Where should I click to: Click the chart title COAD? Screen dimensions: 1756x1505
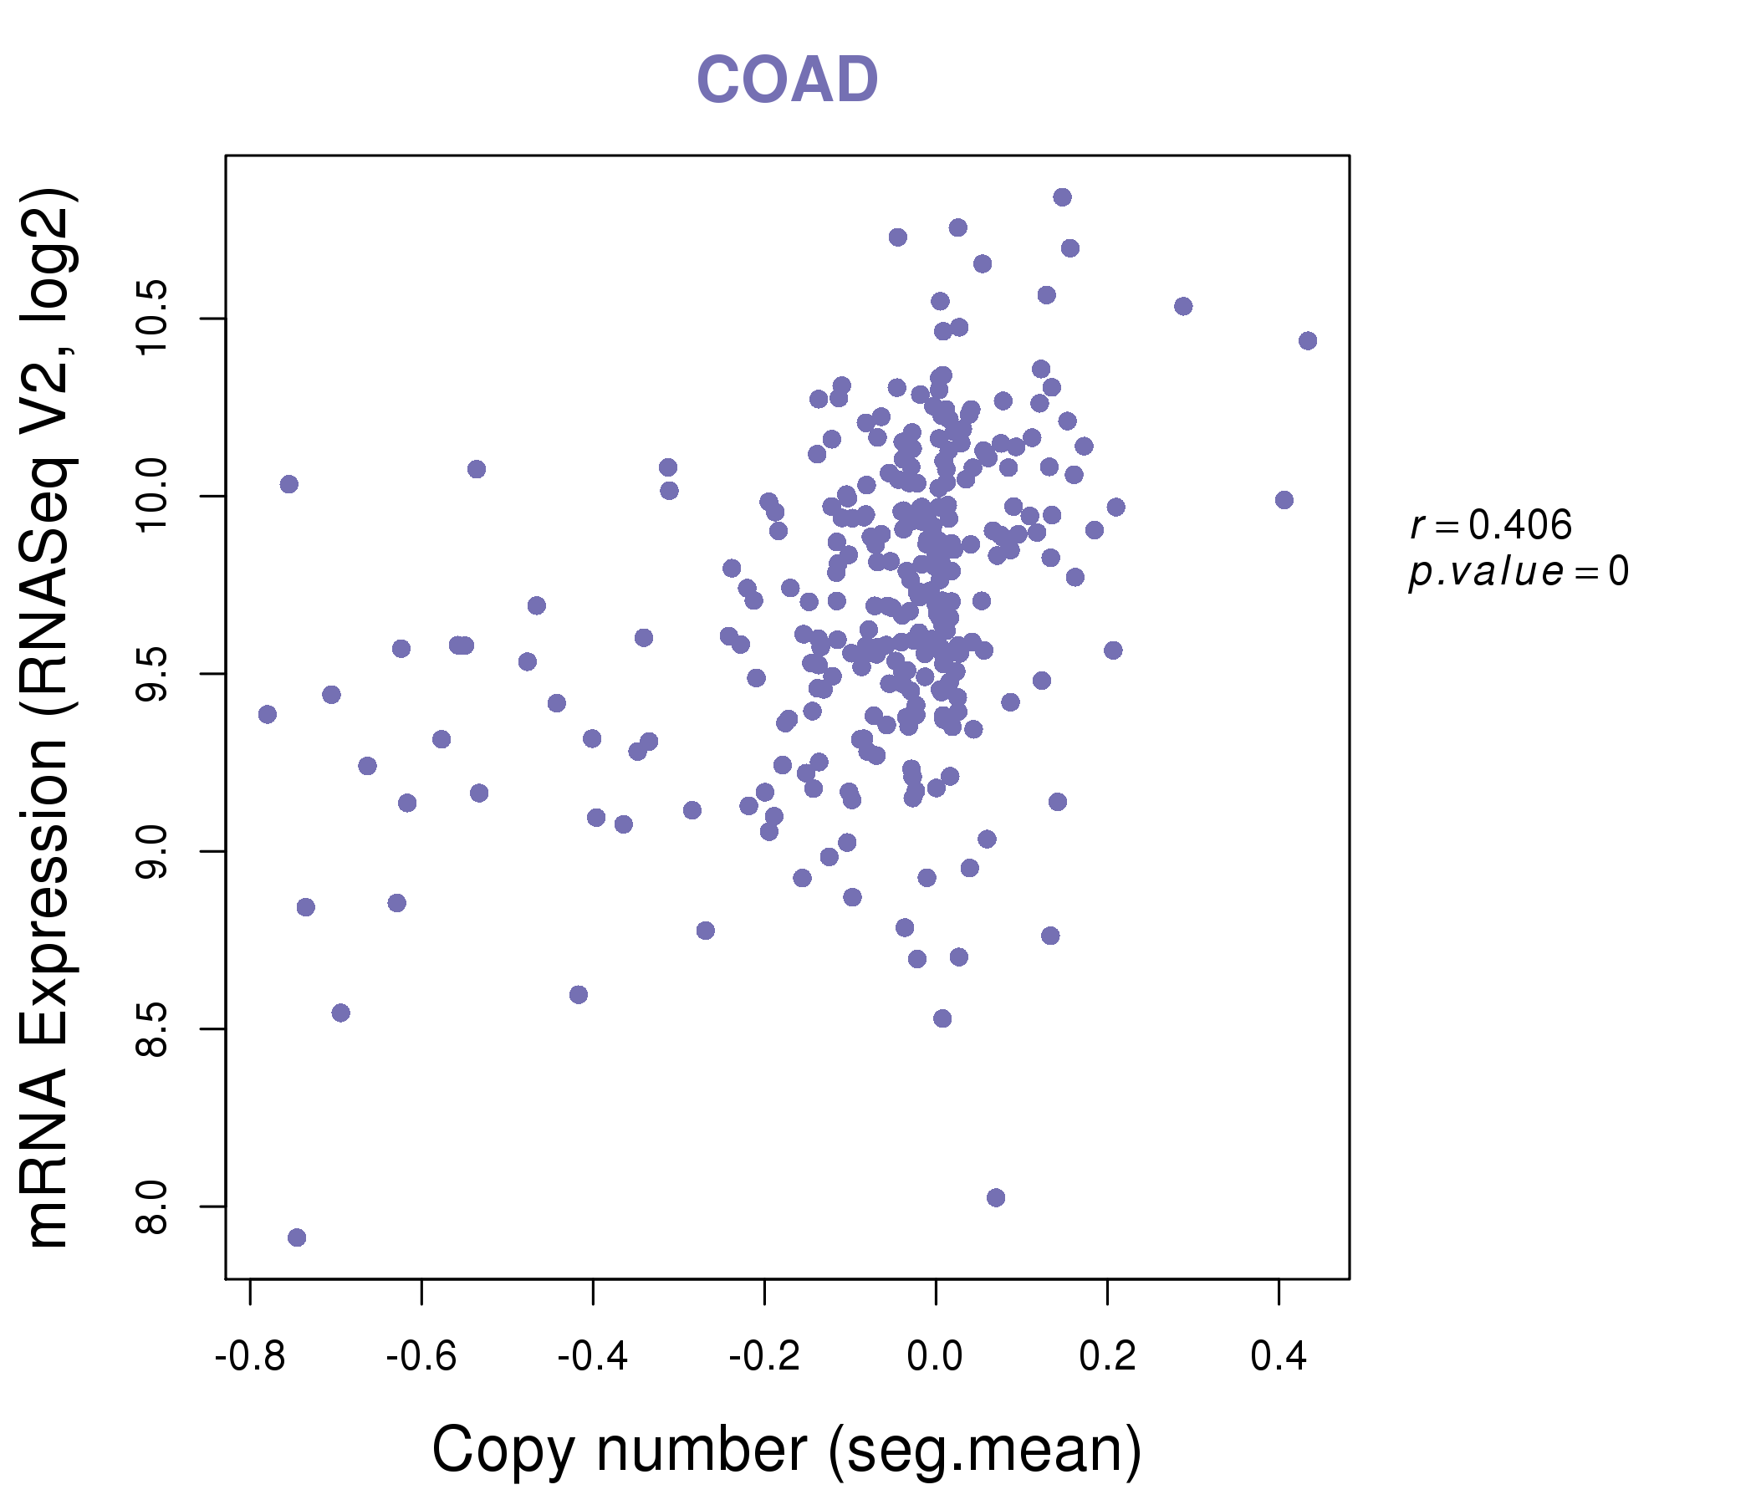pos(787,79)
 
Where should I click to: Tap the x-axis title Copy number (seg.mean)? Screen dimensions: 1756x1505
pos(787,1450)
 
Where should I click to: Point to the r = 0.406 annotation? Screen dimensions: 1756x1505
pos(1491,525)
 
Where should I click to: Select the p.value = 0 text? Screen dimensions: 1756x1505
pos(1519,573)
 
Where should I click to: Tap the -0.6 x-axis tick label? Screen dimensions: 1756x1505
pos(421,1357)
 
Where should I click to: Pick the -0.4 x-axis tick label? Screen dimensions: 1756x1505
pos(592,1357)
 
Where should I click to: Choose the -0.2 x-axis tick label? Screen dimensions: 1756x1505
pos(764,1357)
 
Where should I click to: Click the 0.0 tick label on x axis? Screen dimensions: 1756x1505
pos(936,1357)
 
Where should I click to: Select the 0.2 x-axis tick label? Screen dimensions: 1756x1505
pos(1107,1357)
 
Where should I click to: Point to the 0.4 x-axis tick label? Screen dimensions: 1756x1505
pos(1279,1357)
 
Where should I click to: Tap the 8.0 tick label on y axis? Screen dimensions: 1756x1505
pos(153,1206)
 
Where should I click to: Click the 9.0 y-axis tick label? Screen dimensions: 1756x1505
pos(153,851)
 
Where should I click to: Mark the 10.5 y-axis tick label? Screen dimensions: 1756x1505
pos(153,319)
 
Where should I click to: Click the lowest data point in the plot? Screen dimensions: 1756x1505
pos(297,1237)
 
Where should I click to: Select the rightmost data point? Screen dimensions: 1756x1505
pos(1308,340)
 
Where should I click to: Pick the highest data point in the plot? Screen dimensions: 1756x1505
pos(1062,197)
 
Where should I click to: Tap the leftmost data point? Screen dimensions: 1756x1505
pos(268,714)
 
